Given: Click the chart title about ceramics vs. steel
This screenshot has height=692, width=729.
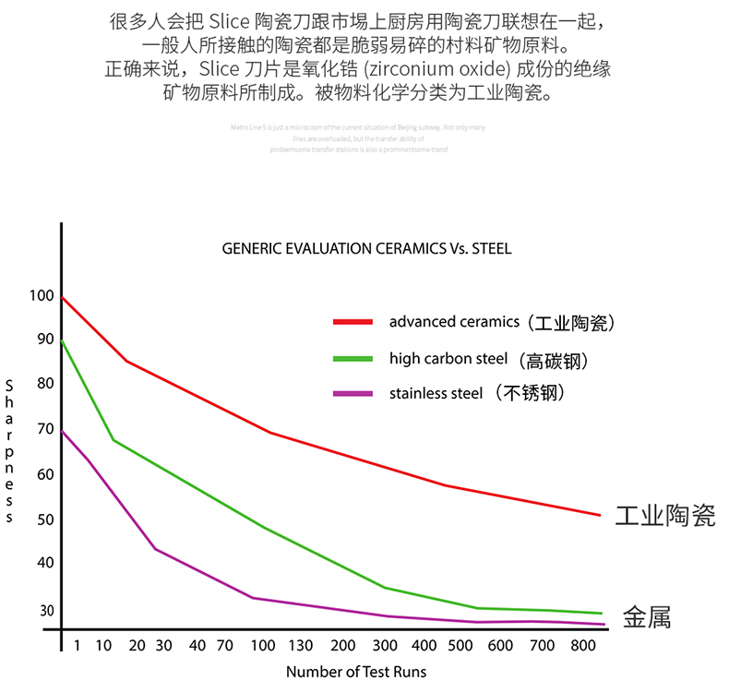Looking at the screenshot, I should click(366, 249).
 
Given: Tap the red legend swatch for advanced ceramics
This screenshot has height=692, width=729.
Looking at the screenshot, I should click(353, 322).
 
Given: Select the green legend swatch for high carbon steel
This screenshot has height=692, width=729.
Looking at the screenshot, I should click(353, 359).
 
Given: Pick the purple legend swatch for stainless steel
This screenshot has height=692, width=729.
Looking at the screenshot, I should click(353, 394).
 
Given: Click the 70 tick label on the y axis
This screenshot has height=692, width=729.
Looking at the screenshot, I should click(44, 429).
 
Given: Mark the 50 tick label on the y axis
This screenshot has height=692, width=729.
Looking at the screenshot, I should click(44, 519).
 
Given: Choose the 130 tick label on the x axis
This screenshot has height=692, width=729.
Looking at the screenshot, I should click(300, 645).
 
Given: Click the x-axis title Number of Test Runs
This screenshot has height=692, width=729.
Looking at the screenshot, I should click(355, 673).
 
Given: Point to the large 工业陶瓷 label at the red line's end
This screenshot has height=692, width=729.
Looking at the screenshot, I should click(664, 516).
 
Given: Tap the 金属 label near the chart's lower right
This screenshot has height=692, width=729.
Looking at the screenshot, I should click(647, 616).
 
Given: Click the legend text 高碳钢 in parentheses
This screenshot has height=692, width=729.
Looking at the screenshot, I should click(553, 360).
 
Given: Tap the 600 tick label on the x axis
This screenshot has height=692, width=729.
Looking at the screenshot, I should click(500, 645).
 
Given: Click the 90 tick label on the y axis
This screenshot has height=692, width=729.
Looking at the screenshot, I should click(44, 340).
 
